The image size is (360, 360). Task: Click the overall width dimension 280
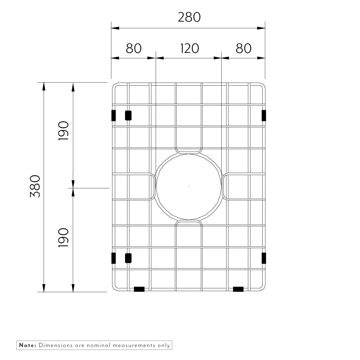point(189,17)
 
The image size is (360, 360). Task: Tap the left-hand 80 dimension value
point(133,48)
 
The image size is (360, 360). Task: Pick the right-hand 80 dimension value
point(243,48)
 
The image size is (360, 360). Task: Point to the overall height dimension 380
point(35,186)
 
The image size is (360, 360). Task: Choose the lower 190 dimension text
point(63,237)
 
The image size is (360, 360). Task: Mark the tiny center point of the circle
point(189,186)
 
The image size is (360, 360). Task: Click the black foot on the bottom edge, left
point(139,289)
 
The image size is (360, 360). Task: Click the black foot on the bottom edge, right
point(238,289)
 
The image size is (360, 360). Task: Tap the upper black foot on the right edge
point(264,116)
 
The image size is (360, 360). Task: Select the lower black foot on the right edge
point(264,258)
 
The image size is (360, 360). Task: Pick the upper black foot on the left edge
point(114,116)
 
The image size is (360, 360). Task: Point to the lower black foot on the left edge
point(114,258)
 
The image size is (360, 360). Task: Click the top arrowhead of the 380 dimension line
point(44,87)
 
